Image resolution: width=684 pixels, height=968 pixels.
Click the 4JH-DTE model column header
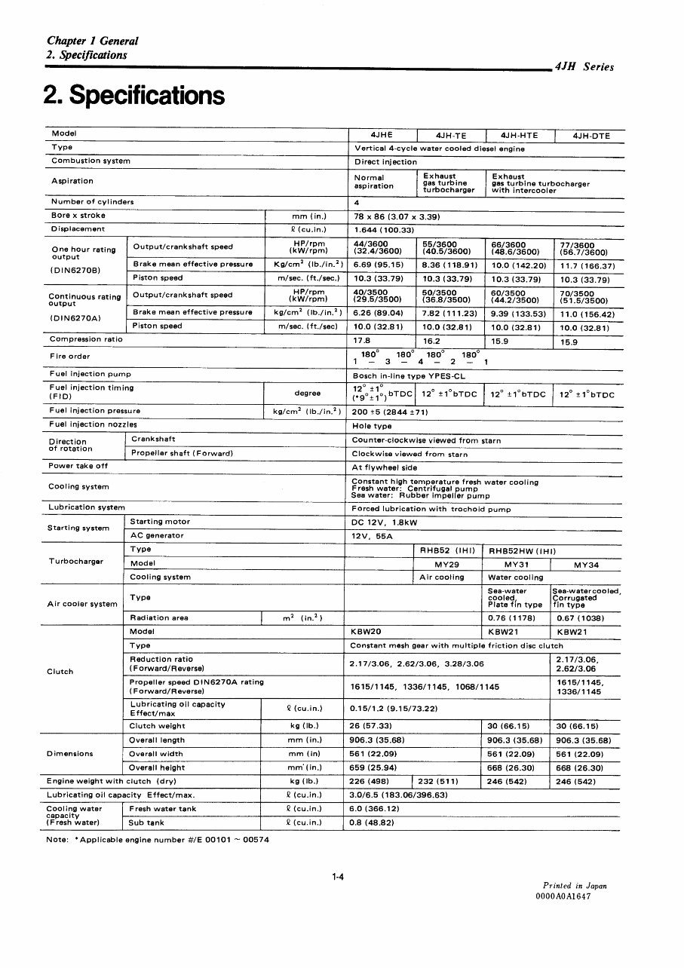(x=590, y=136)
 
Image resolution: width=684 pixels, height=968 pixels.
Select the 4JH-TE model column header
(x=451, y=136)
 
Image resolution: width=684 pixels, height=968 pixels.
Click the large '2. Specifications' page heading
(x=134, y=96)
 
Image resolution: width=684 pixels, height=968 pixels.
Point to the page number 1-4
(x=338, y=877)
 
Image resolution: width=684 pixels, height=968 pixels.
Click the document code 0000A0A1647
(x=563, y=896)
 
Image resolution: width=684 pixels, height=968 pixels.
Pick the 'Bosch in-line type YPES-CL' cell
(x=409, y=375)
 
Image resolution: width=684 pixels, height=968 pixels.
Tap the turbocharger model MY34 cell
(x=586, y=564)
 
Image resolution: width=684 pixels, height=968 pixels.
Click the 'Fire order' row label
(x=70, y=356)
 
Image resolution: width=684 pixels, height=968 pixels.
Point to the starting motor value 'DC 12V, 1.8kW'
(x=385, y=522)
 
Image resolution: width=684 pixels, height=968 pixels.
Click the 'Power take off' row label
(x=78, y=466)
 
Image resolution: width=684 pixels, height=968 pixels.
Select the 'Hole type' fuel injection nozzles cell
(x=372, y=426)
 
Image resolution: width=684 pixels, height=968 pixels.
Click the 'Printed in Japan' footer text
(x=575, y=886)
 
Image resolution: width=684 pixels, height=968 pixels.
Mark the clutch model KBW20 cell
(x=367, y=632)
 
